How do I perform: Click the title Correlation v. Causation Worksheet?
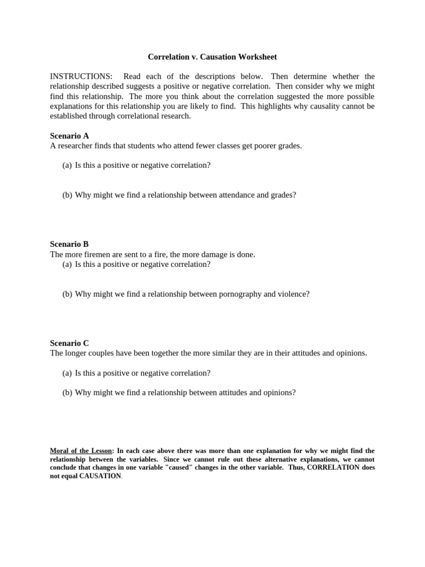tap(212, 57)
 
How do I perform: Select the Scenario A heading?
tap(69, 136)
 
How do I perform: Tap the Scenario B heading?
tap(69, 244)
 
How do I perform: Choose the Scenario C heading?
tap(69, 343)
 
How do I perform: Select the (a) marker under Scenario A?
tap(67, 165)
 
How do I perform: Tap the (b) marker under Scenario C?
tap(67, 393)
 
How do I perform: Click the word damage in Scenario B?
tap(205, 254)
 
